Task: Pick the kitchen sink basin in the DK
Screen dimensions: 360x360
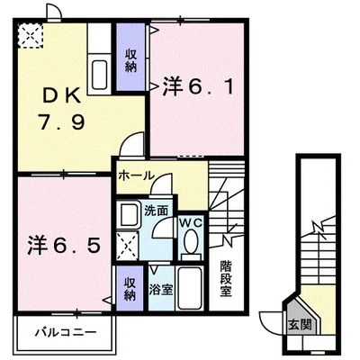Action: pyautogui.click(x=99, y=71)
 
